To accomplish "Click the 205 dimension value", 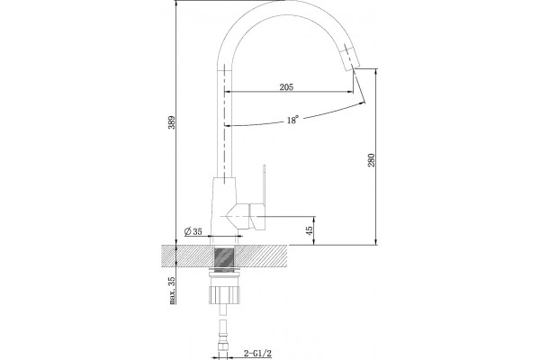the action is tap(286, 87).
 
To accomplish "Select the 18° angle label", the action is tap(292, 120).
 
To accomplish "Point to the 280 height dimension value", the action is tap(371, 160).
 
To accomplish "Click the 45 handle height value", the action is tap(310, 230).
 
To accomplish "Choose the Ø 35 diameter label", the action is tap(193, 231).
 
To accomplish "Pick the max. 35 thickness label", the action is tap(172, 291).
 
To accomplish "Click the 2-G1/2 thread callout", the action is tap(258, 353).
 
